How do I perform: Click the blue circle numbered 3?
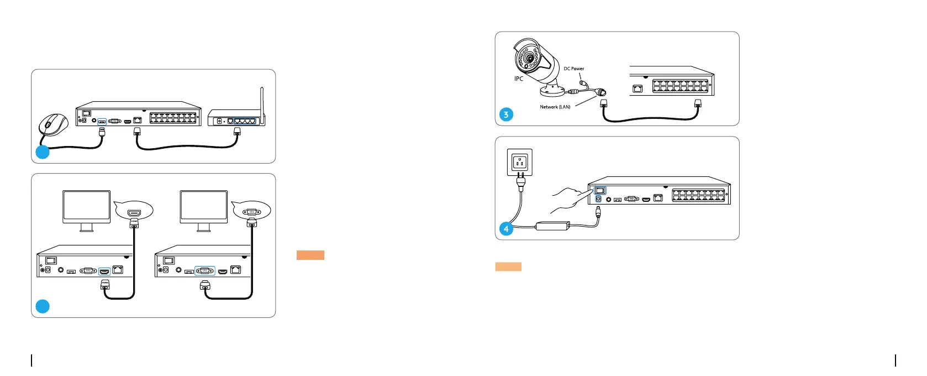(x=506, y=114)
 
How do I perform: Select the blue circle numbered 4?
(x=506, y=228)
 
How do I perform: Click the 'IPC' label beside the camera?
(x=519, y=79)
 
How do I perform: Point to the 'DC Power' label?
(x=573, y=69)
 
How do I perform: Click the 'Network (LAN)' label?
(x=555, y=107)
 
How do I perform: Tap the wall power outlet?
(x=520, y=163)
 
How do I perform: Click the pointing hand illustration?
(x=566, y=199)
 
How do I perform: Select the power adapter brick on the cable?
(x=553, y=226)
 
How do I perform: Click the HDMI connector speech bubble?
(x=134, y=211)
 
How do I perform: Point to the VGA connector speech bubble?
(x=251, y=211)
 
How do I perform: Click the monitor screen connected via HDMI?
(x=86, y=206)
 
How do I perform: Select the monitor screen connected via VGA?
(x=204, y=206)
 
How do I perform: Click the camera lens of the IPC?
(x=529, y=58)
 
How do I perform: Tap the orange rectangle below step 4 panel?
(x=508, y=267)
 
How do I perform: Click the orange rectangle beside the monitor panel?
(x=310, y=255)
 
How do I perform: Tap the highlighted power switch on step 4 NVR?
(x=600, y=191)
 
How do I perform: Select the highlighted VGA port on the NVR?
(x=205, y=271)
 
